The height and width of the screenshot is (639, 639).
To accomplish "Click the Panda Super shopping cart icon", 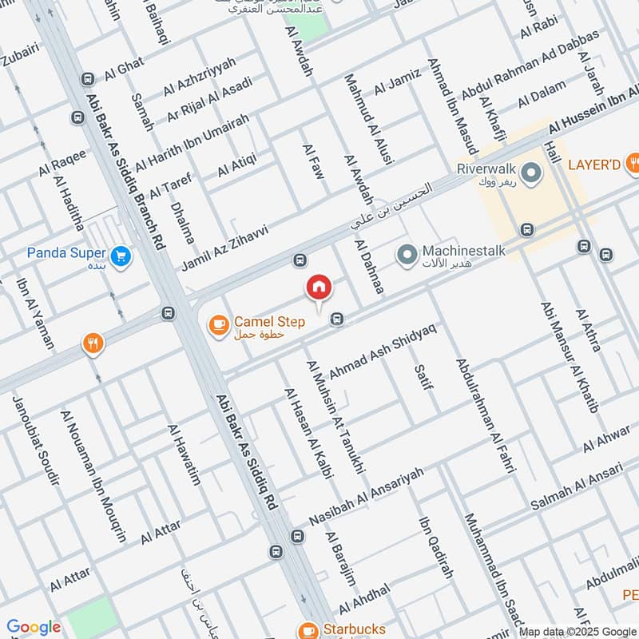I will (121, 256).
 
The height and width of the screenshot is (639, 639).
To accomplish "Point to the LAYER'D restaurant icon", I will (632, 165).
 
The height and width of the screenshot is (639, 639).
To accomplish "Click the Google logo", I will (34, 627).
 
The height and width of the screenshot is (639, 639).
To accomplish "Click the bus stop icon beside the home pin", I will (339, 319).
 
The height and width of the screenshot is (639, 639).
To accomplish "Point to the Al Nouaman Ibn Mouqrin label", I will (93, 477).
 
